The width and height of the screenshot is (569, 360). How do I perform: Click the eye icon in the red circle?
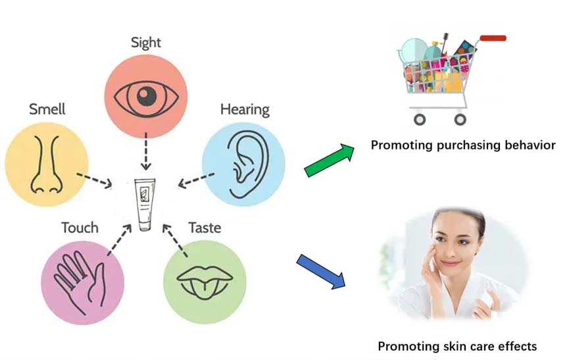click(x=146, y=96)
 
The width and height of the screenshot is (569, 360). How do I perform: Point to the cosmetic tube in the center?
click(x=145, y=205)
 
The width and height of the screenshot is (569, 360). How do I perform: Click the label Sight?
click(x=146, y=43)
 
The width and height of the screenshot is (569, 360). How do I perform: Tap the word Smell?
click(x=47, y=108)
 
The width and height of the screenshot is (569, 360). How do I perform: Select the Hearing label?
click(x=245, y=109)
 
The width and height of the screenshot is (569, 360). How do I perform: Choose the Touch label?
click(x=80, y=228)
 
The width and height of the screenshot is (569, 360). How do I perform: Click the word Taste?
click(x=205, y=228)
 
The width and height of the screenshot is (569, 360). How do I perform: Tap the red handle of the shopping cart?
click(x=493, y=38)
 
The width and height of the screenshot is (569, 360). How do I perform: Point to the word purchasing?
click(x=466, y=145)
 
